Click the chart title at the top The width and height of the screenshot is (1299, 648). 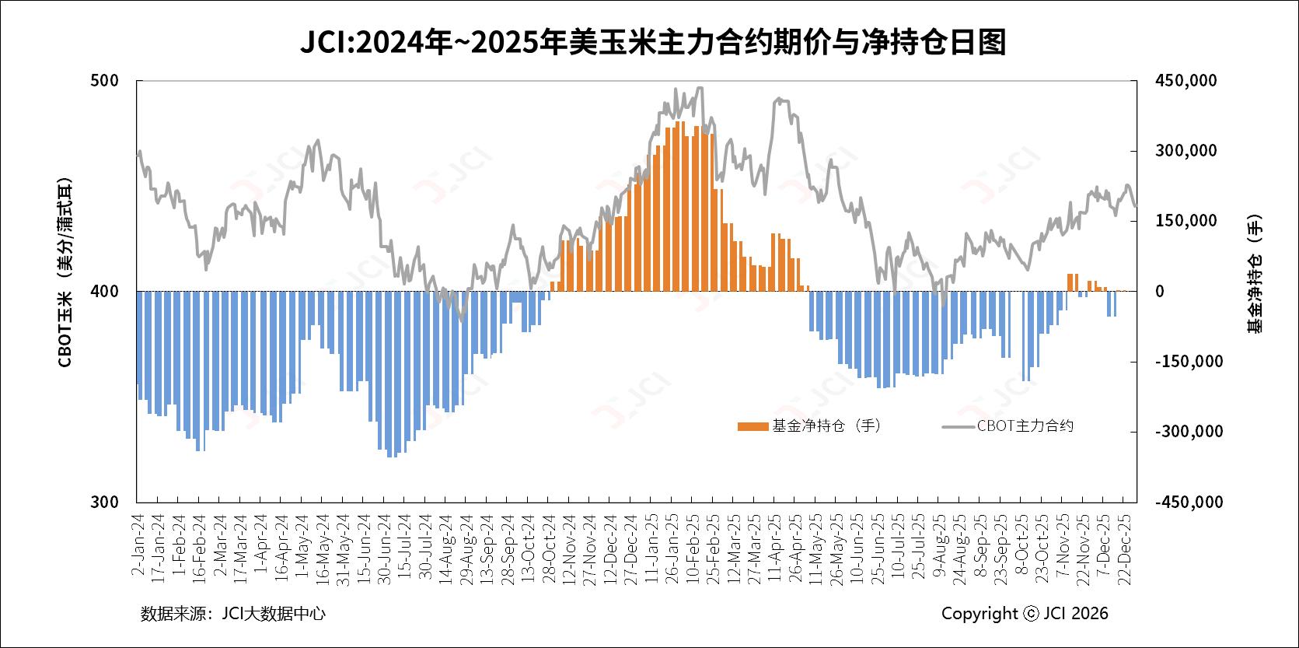pos(653,42)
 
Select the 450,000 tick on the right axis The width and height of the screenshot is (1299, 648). pos(1186,81)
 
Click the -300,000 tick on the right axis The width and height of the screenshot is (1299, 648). pos(1188,432)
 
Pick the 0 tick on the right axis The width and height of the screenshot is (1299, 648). pos(1159,292)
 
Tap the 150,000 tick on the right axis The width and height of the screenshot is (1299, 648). pos(1186,221)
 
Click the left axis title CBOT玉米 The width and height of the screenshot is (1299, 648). pos(66,272)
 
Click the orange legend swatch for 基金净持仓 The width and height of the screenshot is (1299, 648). pos(753,426)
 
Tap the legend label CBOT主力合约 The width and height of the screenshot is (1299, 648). pos(1025,426)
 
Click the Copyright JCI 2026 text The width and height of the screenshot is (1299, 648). pos(1025,614)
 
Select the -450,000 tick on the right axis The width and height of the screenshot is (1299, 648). pos(1188,502)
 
